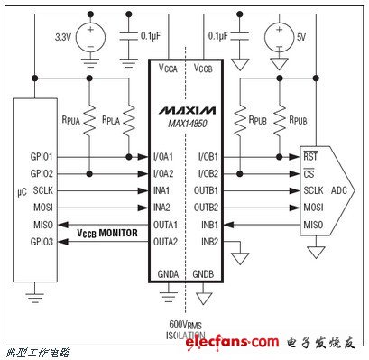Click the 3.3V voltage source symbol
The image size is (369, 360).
pyautogui.click(x=90, y=38)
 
